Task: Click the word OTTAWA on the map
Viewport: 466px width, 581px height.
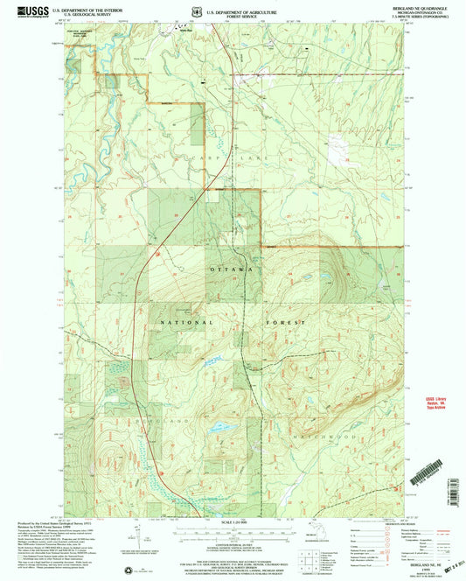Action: [x=233, y=270]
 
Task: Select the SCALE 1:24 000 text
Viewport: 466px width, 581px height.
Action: [x=232, y=524]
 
